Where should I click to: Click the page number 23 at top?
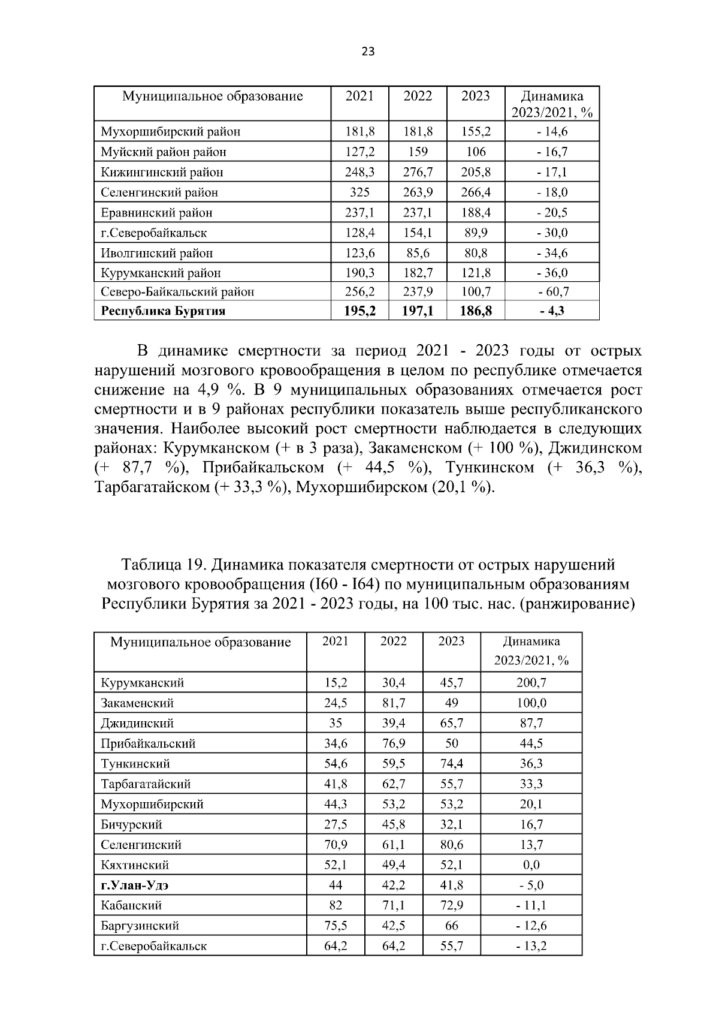tap(368, 52)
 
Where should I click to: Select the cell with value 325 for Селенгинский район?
tap(359, 192)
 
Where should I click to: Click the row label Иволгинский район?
tap(156, 253)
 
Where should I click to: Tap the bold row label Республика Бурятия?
tap(163, 311)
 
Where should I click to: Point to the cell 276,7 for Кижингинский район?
tap(418, 173)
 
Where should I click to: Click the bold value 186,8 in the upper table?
tap(476, 311)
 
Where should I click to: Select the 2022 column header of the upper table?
tap(418, 97)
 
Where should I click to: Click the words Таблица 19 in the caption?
tap(160, 565)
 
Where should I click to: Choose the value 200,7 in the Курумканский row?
tap(531, 683)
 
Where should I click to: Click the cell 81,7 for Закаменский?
tap(394, 703)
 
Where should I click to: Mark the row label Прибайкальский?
tap(148, 744)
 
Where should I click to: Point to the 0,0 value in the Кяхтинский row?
tap(531, 865)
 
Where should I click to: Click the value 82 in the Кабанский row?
tap(336, 906)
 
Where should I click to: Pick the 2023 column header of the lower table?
tap(451, 641)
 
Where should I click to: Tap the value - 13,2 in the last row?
tap(531, 946)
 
